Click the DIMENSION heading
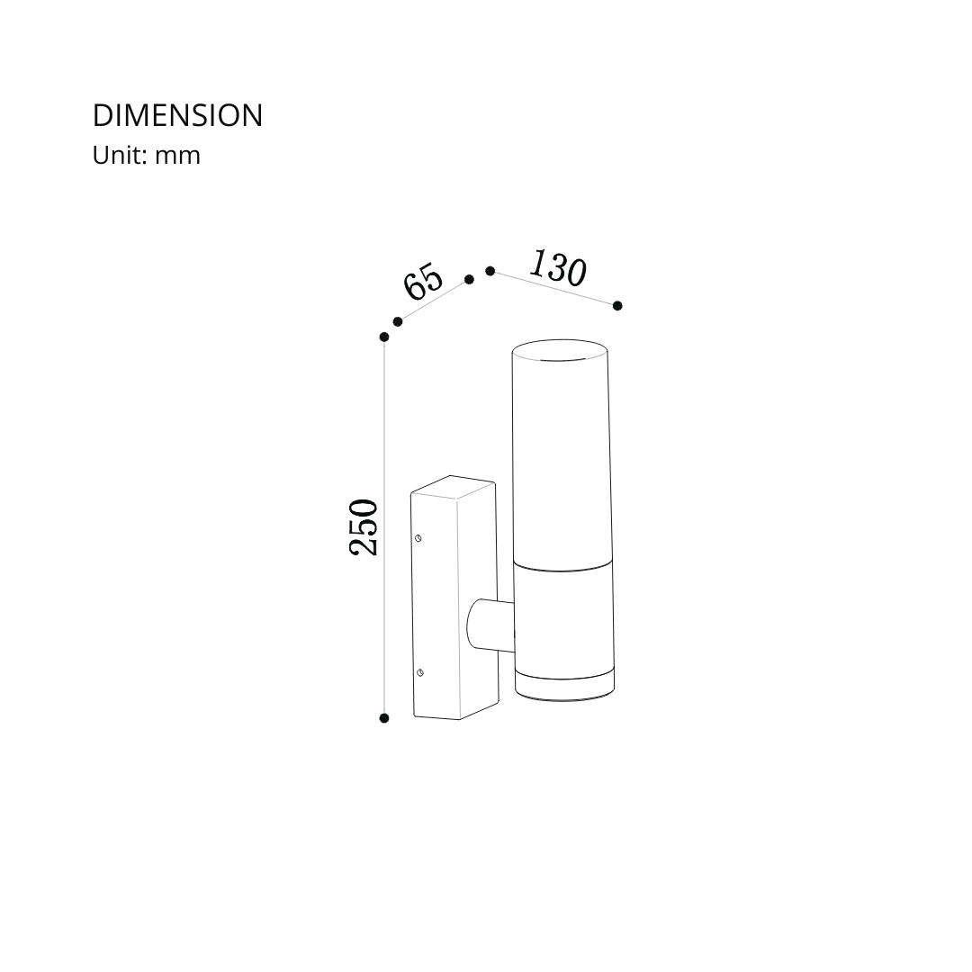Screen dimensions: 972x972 tap(178, 116)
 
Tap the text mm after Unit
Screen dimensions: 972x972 tap(177, 157)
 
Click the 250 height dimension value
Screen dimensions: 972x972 tap(364, 526)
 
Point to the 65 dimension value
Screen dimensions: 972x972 tap(423, 282)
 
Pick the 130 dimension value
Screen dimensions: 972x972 tap(557, 268)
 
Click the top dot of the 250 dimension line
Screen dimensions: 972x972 tap(384, 337)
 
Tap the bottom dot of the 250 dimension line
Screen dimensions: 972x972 tap(384, 718)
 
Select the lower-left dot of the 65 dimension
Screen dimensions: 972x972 tap(398, 321)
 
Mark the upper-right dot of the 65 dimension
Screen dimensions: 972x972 tap(469, 280)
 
